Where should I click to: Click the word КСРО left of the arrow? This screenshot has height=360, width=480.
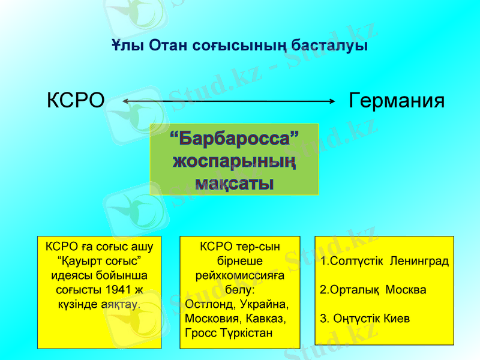pyautogui.click(x=76, y=101)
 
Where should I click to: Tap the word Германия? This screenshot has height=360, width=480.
pyautogui.click(x=397, y=101)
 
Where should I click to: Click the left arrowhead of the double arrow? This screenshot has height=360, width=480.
pyautogui.click(x=125, y=101)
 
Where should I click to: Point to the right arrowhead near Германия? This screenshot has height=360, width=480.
pyautogui.click(x=331, y=101)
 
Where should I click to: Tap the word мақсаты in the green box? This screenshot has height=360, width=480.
pyautogui.click(x=234, y=182)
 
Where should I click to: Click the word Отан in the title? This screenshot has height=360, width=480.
pyautogui.click(x=170, y=46)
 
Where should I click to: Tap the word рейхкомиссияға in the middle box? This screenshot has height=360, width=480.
pyautogui.click(x=240, y=276)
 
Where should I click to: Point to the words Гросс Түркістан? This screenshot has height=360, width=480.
pyautogui.click(x=229, y=332)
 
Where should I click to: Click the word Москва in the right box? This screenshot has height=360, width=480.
pyautogui.click(x=406, y=290)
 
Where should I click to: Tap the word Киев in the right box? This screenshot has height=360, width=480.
pyautogui.click(x=397, y=318)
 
